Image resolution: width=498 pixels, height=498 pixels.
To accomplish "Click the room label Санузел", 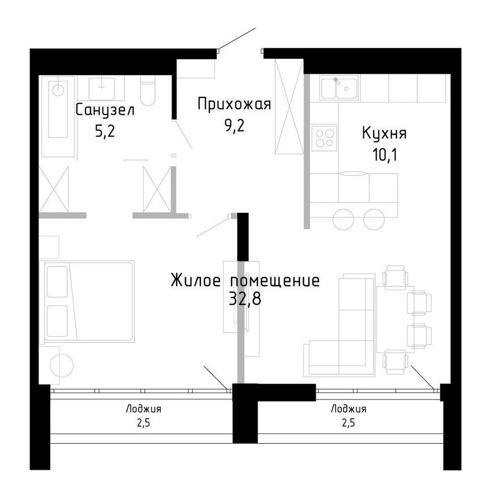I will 105,110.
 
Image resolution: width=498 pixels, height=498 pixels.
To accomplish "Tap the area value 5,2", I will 105,131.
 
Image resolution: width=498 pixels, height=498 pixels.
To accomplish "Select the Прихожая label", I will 234,104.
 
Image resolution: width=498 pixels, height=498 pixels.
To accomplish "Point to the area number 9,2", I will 234,125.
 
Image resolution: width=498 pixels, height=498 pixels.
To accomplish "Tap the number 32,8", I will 245,298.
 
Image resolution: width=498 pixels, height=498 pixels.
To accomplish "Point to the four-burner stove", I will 324,137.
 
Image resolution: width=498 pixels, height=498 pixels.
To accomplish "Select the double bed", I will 88,302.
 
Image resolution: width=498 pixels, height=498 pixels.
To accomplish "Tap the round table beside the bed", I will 61,365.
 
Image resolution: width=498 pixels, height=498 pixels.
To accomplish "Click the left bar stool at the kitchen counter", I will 344,219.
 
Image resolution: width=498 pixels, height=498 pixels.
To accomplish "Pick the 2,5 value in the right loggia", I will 348,423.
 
